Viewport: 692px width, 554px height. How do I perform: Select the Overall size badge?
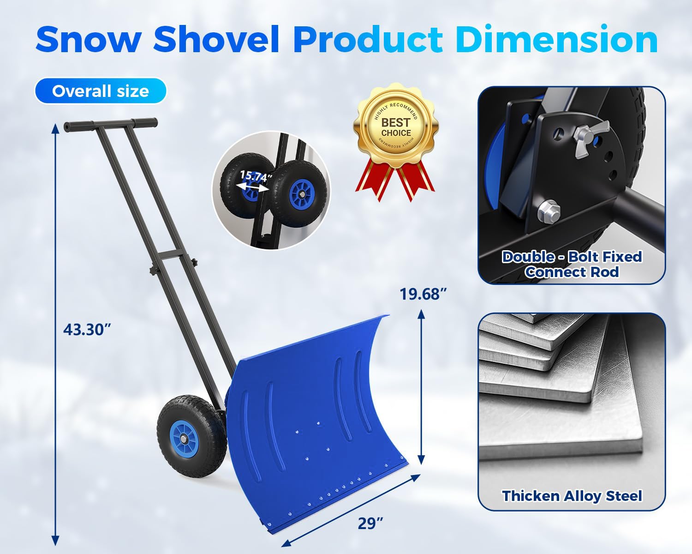click(100, 91)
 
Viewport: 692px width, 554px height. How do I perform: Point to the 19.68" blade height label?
click(424, 294)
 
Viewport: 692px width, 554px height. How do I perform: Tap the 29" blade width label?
click(370, 524)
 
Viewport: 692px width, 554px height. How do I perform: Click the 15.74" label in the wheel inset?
click(254, 176)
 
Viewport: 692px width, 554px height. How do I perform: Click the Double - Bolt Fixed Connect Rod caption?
click(572, 264)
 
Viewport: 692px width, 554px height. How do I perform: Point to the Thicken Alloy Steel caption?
click(572, 496)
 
